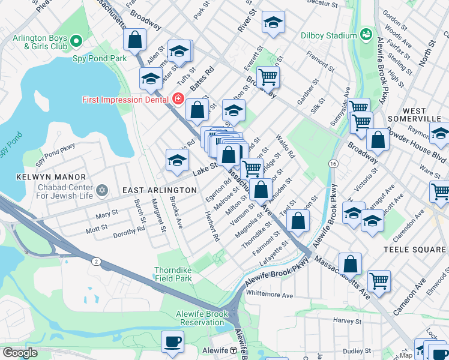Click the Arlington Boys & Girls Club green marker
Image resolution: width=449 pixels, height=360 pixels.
[76, 41]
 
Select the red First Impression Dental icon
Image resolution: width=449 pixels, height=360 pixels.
[178, 98]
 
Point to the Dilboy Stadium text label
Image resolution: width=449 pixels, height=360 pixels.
[328, 35]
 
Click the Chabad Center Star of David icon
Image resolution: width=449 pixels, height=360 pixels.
[102, 190]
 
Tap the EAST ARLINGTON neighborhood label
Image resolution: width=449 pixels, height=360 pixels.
[160, 190]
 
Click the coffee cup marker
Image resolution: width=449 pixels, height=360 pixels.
[173, 341]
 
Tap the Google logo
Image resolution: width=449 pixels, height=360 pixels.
[19, 353]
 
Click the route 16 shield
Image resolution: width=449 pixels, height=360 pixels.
[333, 163]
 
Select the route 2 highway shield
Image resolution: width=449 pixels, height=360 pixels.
[95, 261]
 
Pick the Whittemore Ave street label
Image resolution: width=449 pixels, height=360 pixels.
[270, 295]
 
